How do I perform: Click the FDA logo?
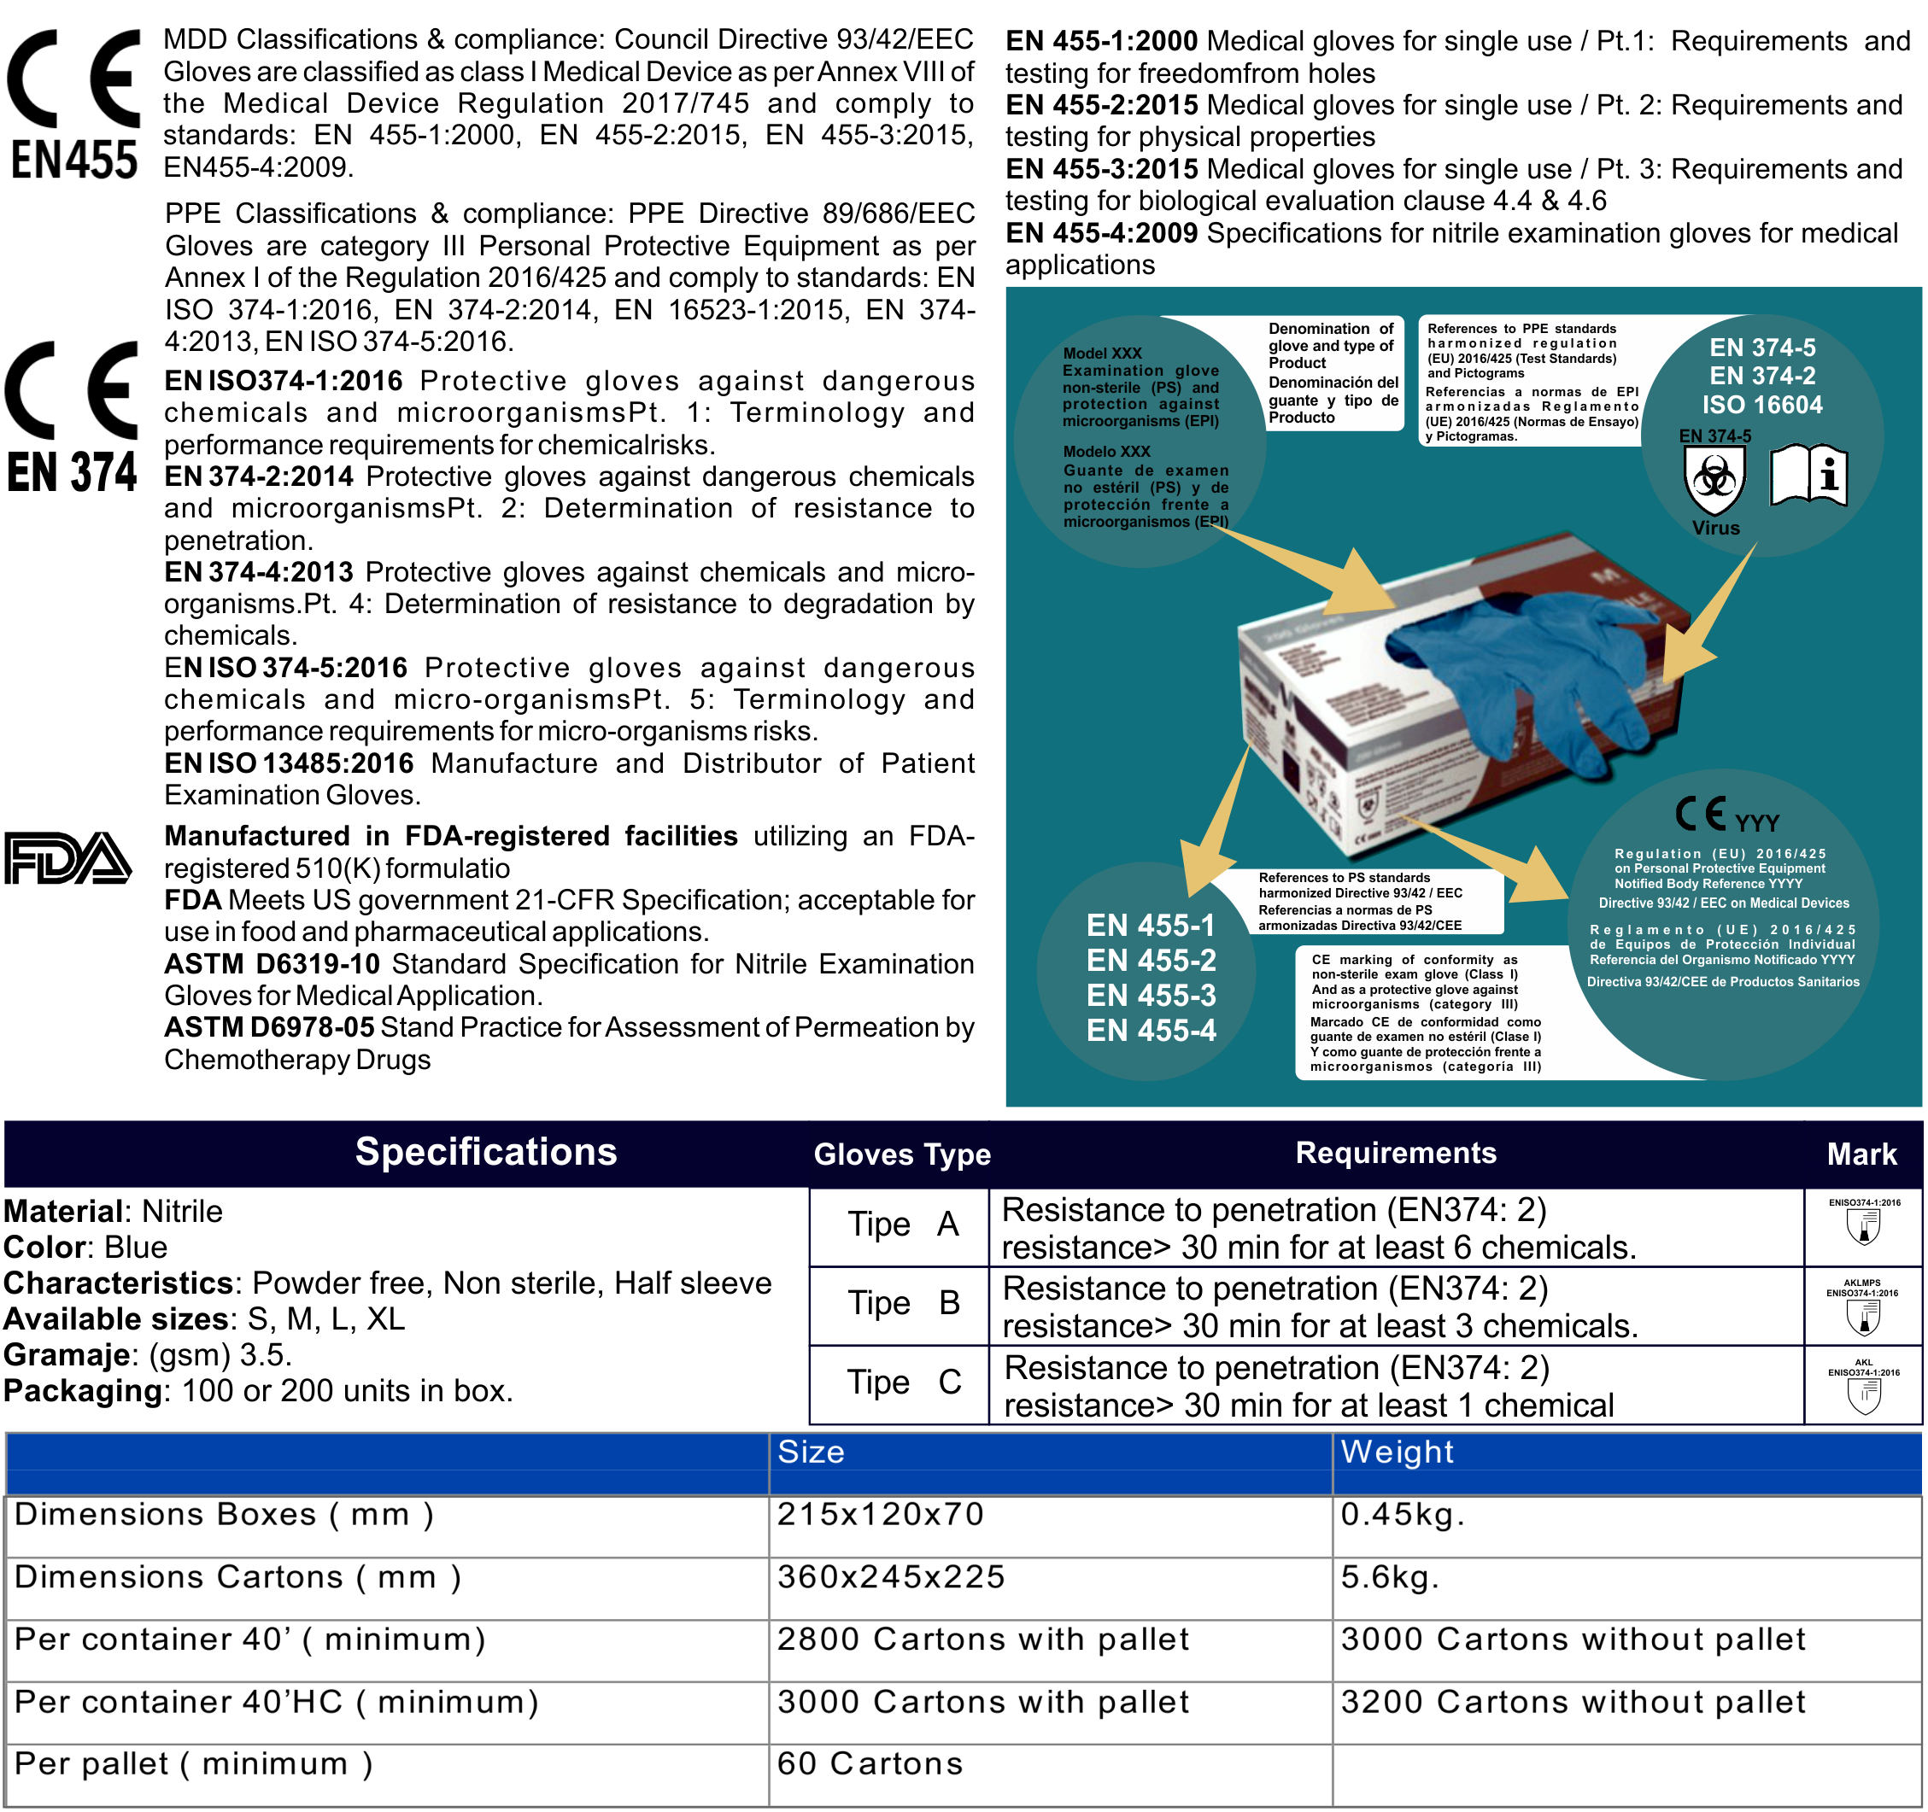tap(67, 858)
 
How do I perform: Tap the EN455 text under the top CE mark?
tap(73, 161)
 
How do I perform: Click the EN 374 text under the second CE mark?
tap(72, 472)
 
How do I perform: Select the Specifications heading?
tap(485, 1152)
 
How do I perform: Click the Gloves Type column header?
tap(901, 1154)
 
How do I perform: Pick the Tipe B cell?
tap(903, 1303)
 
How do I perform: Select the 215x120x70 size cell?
tap(880, 1514)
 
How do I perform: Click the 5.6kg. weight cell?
tap(1389, 1577)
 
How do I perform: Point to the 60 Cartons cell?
tap(869, 1763)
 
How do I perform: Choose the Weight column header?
tap(1397, 1453)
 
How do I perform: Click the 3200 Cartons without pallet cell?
tap(1572, 1702)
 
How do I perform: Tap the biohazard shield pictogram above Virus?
tap(1714, 478)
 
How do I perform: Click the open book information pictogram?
tap(1808, 475)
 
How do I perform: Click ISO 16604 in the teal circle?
tap(1761, 404)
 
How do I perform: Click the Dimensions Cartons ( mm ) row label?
tap(237, 1577)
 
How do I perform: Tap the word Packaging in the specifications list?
tap(83, 1391)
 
